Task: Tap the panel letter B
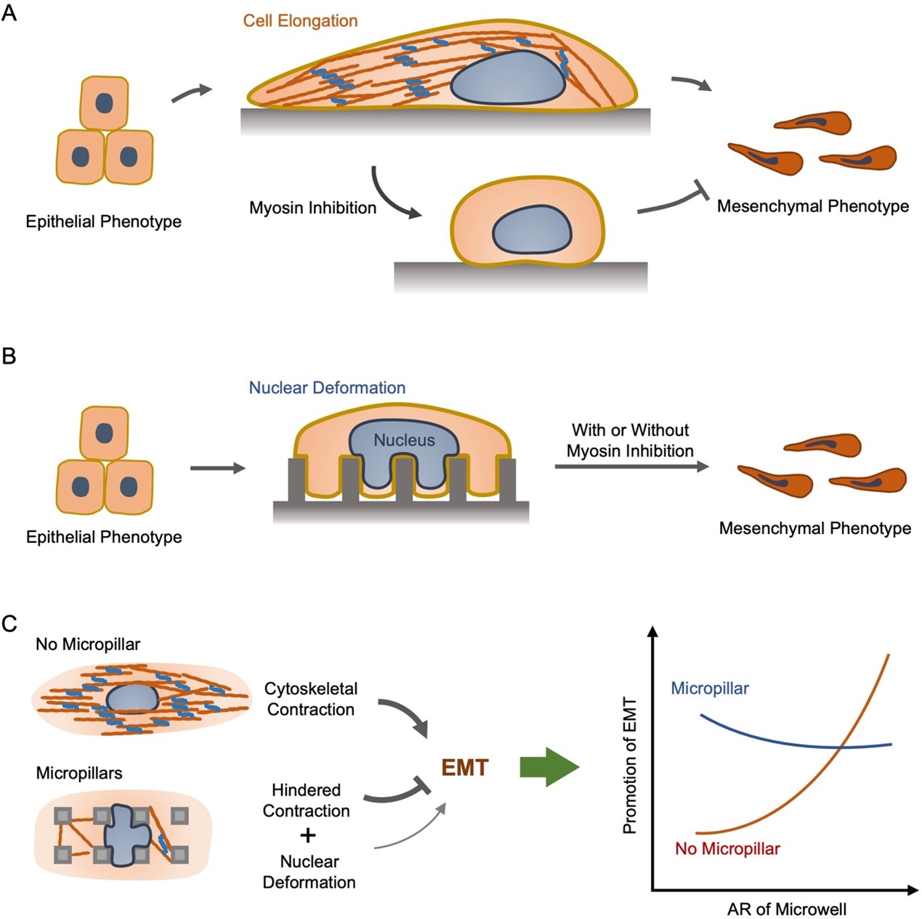9,357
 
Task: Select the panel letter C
9,623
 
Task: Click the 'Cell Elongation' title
300,21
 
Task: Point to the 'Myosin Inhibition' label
312,209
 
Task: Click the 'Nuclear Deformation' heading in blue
327,388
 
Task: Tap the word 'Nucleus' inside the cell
404,440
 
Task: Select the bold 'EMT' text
465,768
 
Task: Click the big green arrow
549,767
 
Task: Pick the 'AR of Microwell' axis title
787,909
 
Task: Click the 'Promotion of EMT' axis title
630,766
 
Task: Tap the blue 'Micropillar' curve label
710,689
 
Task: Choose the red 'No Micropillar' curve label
727,849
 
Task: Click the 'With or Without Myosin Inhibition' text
630,440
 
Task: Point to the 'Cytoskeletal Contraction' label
311,699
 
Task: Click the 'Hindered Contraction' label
306,801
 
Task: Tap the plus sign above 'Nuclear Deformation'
308,835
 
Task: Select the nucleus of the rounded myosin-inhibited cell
532,230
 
